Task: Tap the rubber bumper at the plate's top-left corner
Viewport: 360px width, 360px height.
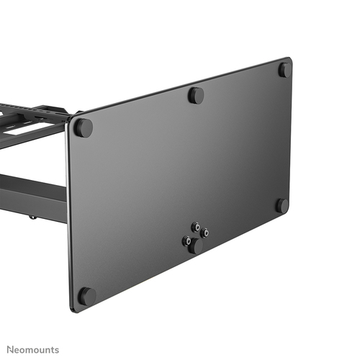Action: point(84,128)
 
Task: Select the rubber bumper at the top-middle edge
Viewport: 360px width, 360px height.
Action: point(196,95)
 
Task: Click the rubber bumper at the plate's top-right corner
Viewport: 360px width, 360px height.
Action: point(285,70)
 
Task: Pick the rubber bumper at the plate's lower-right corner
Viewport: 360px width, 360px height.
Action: point(282,205)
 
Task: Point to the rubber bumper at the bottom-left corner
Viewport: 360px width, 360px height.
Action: point(86,296)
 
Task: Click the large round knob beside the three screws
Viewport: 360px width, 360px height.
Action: point(195,245)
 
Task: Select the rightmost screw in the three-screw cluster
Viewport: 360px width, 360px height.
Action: point(204,233)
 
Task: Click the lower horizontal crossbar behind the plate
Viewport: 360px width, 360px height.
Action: point(32,189)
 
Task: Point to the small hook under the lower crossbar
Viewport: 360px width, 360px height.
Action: point(32,215)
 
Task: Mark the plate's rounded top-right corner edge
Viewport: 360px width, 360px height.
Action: point(289,60)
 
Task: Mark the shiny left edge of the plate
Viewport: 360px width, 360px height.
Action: point(68,216)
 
